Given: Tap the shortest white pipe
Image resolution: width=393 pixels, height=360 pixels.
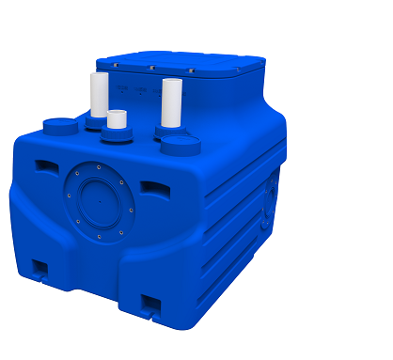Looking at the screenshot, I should tap(117, 119).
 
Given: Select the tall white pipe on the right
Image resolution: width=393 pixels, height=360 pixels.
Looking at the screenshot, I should tap(171, 103).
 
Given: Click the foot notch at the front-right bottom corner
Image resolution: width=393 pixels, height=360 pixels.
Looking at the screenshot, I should tap(151, 303).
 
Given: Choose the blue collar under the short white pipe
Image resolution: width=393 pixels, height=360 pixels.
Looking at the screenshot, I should tap(117, 135).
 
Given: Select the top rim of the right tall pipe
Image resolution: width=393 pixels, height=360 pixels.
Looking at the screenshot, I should tap(171, 82).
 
